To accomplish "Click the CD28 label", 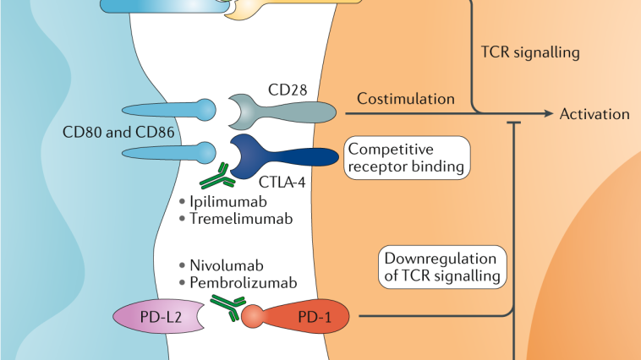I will click(288, 90).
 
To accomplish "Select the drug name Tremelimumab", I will click(235, 220).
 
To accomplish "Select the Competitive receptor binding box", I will click(408, 158).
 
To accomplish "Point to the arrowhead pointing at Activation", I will click(550, 114).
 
